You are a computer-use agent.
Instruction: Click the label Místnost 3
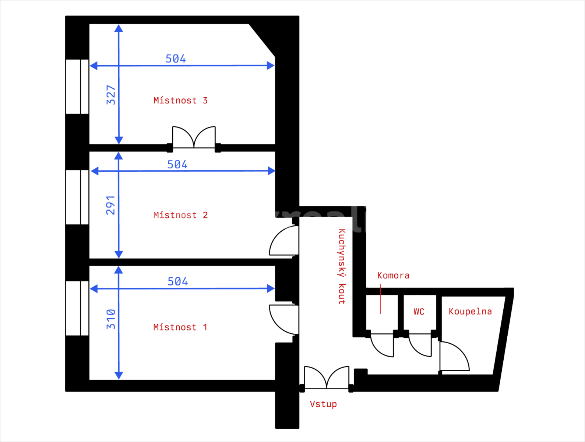[180, 101]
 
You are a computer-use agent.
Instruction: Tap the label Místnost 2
[180, 215]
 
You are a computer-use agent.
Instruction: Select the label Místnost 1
[180, 327]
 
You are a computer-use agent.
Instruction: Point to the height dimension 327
[111, 95]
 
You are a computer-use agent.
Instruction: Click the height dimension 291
[111, 205]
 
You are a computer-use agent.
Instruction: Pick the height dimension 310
[111, 319]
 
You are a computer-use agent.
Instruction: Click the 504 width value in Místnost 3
[176, 59]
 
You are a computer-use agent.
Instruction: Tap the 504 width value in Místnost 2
[177, 164]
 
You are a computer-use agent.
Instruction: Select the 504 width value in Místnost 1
[178, 281]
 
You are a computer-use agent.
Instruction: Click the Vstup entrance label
[323, 404]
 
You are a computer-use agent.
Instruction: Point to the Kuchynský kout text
[342, 266]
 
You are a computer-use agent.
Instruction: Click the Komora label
[393, 276]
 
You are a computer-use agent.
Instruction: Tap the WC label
[419, 312]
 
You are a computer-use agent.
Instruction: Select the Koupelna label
[470, 312]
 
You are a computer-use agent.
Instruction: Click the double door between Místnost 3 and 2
[194, 138]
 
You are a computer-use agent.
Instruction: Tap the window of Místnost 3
[77, 87]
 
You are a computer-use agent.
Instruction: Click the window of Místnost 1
[77, 308]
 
